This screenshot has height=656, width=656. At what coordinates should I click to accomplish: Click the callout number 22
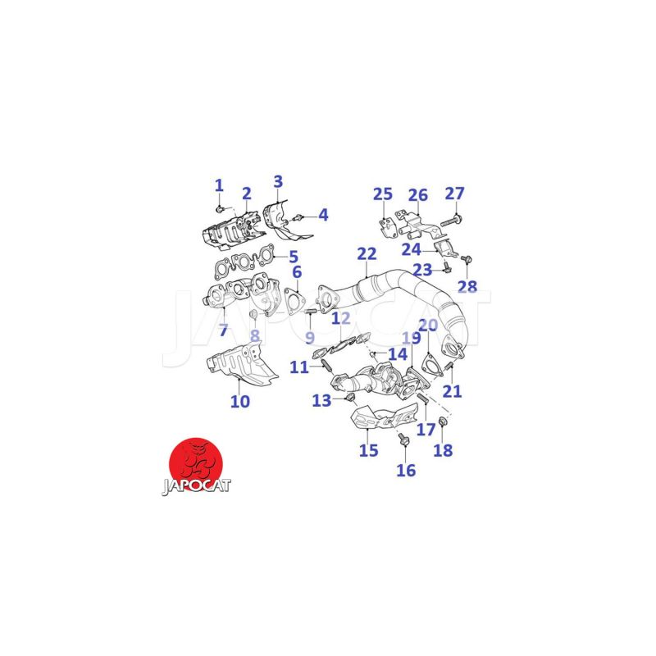point(367,254)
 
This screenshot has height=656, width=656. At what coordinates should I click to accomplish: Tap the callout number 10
point(240,402)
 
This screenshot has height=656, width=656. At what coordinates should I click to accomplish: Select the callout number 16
point(406,470)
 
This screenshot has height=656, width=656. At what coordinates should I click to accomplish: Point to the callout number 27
point(454,194)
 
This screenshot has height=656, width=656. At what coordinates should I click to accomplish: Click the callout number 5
point(294,257)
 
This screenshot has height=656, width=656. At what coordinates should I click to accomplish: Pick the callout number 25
point(383,194)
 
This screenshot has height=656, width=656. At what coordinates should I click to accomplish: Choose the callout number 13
point(321,401)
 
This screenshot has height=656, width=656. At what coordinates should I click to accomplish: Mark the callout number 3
point(278,182)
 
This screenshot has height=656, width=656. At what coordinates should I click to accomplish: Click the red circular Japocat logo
point(195,463)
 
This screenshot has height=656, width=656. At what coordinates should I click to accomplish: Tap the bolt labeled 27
point(451,220)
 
